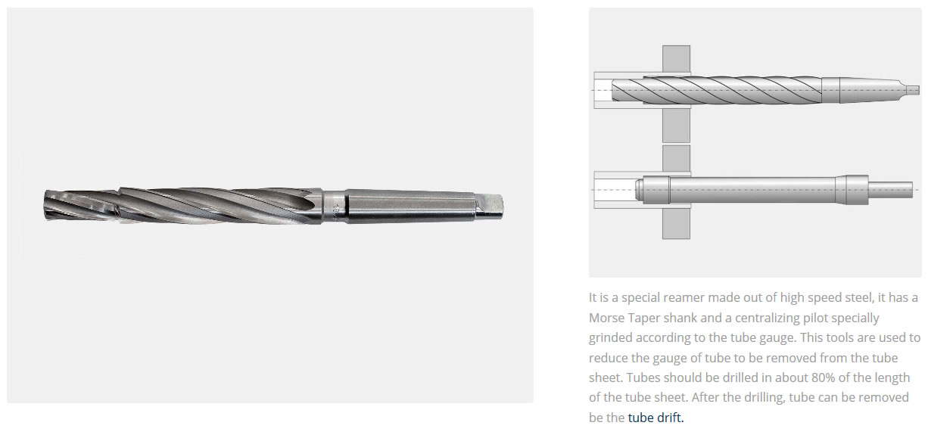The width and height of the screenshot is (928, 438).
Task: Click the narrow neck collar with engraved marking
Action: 334,206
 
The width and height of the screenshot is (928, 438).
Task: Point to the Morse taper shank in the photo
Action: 410,206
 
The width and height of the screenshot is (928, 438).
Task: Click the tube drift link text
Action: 656,418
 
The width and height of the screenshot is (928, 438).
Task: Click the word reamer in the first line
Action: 683,297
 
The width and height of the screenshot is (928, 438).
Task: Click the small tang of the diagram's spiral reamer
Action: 911,90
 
